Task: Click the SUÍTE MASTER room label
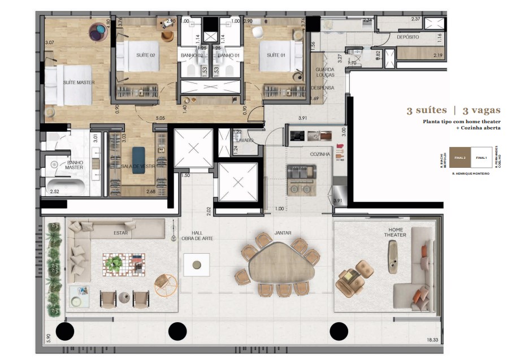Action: (79, 83)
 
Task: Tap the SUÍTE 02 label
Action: (145, 55)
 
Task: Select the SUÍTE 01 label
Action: (276, 55)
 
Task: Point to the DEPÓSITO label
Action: (408, 37)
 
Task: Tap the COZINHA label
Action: (319, 154)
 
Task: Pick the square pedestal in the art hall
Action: (197, 264)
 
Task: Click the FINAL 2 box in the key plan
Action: (459, 158)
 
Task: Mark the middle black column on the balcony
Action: (177, 330)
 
